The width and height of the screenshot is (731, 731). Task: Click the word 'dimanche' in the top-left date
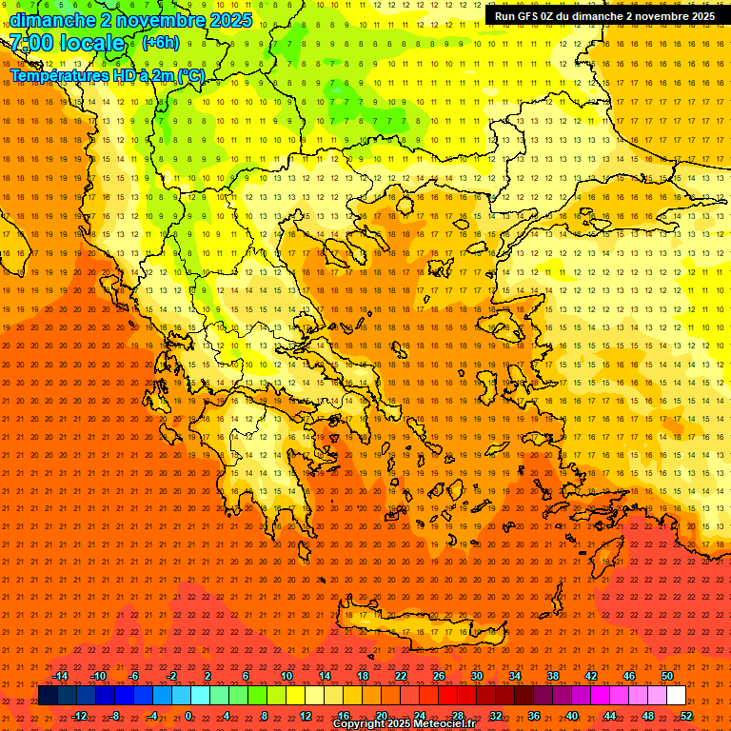point(52,20)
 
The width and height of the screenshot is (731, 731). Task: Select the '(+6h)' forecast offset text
point(159,43)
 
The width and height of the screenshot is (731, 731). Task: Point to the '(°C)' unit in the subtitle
point(189,75)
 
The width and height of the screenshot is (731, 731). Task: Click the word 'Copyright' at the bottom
point(359,724)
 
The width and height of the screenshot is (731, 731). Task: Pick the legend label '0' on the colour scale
point(188,716)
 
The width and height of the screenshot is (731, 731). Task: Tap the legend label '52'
point(686,716)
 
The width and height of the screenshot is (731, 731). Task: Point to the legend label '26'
point(439,676)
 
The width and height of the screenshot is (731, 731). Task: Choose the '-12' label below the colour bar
point(79,716)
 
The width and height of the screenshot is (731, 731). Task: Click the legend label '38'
point(552,676)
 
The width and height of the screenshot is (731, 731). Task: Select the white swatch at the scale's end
point(676,696)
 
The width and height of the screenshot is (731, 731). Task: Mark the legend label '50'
point(666,676)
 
